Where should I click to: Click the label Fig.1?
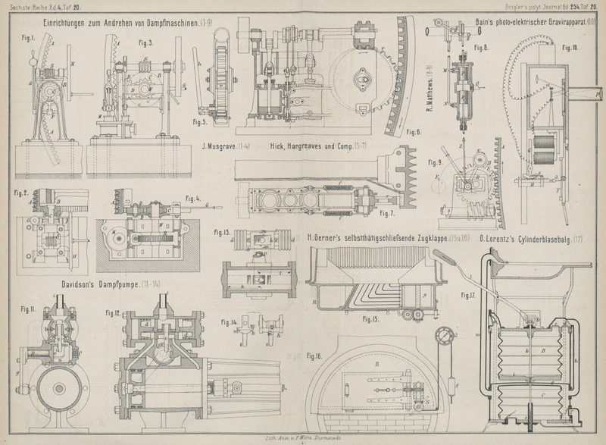pyautogui.click(x=28, y=39)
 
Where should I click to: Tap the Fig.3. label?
pyautogui.click(x=146, y=43)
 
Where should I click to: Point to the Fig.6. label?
pyautogui.click(x=414, y=132)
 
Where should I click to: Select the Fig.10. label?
pyautogui.click(x=570, y=48)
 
